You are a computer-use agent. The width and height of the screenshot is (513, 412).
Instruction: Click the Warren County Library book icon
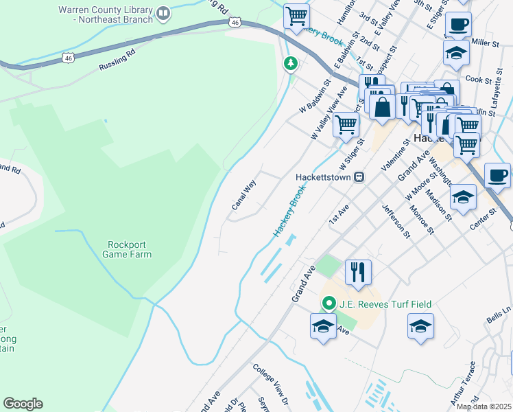pyautogui.click(x=163, y=13)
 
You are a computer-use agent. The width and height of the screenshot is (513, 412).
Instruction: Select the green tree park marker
pyautogui.click(x=291, y=64)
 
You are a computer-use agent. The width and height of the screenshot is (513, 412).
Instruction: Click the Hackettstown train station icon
pyautogui.click(x=358, y=176)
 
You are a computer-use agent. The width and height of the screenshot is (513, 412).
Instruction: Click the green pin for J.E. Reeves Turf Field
pyautogui.click(x=329, y=303)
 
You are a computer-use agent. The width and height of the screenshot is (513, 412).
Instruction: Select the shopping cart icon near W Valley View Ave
pyautogui.click(x=346, y=124)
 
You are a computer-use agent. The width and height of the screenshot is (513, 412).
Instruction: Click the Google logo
pyautogui.click(x=23, y=404)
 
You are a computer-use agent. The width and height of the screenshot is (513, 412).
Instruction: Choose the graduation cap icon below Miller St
pyautogui.click(x=456, y=54)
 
